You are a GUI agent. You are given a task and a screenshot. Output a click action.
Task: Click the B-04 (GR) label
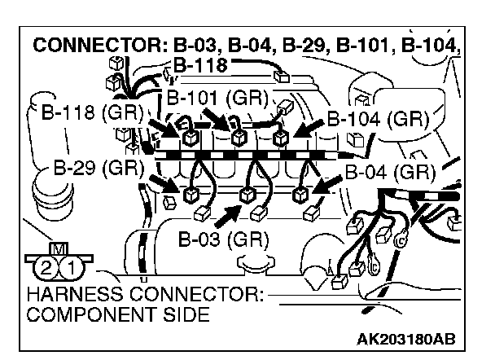pos(390,172)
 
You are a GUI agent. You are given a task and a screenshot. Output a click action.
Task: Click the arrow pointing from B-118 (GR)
pos(160,125)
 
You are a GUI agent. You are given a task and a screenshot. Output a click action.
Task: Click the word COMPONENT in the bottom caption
pos(85,314)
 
